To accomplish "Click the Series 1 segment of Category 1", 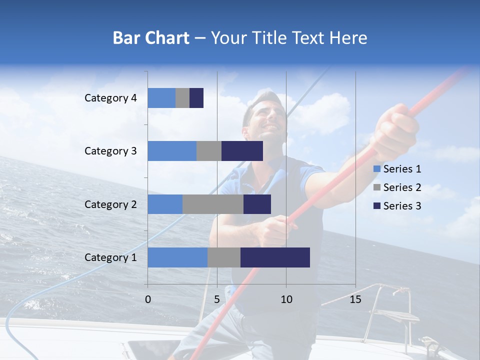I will (177, 257).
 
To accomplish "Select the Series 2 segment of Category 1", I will (224, 257).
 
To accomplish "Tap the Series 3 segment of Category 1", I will (275, 257).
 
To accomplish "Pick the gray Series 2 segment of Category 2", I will (213, 204).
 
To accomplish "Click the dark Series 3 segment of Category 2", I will (257, 204).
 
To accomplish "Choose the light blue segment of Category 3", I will (172, 151).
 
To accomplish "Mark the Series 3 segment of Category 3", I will (242, 151).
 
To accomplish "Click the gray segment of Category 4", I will (182, 98).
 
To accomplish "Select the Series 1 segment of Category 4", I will (161, 98).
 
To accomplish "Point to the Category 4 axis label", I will (110, 98).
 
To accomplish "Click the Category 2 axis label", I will (110, 204).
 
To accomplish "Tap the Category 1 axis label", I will (110, 257).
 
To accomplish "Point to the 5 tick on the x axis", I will (217, 299).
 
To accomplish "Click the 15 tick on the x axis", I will (355, 299).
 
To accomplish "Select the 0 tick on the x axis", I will (148, 299).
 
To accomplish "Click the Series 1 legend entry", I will (397, 169).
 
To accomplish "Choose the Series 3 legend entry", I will (397, 206).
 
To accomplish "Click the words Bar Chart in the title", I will (151, 38).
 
